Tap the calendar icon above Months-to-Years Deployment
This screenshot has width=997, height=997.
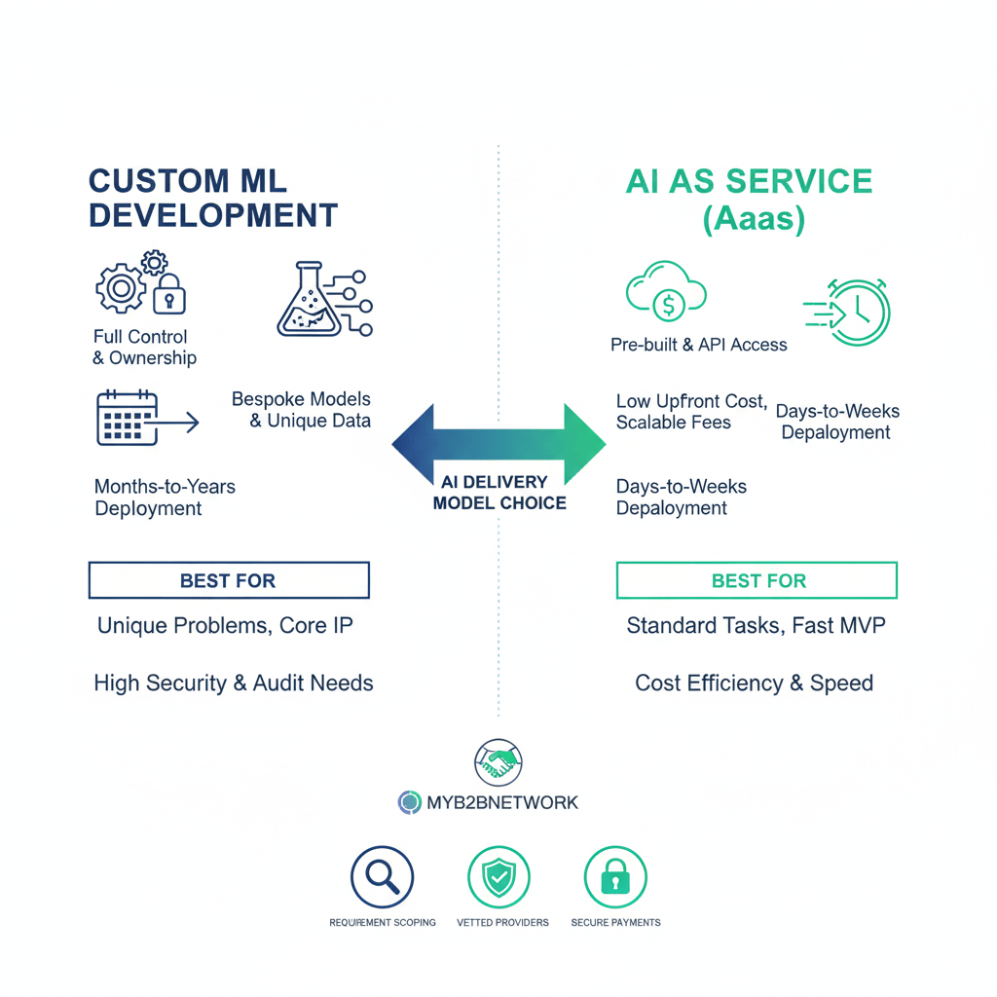click(128, 419)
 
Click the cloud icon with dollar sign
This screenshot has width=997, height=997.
click(667, 298)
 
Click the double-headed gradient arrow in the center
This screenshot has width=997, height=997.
click(498, 443)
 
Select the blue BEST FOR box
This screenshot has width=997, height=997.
click(229, 580)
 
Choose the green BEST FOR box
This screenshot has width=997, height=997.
click(757, 580)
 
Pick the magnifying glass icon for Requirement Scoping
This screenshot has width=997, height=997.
click(382, 877)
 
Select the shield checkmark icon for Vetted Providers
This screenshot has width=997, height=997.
click(499, 877)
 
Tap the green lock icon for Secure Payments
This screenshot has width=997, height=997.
click(615, 877)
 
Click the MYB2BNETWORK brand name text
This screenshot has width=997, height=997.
click(502, 803)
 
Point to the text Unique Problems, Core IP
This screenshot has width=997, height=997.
click(225, 625)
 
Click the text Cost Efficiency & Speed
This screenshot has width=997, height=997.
click(754, 683)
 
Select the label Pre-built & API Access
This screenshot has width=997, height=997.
click(698, 345)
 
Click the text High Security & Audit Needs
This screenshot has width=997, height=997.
click(234, 683)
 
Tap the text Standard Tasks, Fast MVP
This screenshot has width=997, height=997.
click(756, 625)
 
